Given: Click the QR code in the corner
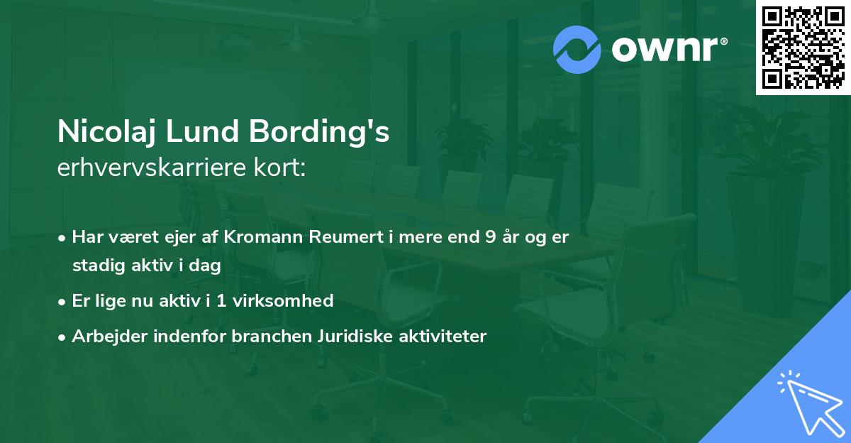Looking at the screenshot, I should click(x=803, y=48).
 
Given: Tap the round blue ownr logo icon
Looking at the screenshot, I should click(x=577, y=50).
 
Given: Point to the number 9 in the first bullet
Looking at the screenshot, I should click(x=491, y=238).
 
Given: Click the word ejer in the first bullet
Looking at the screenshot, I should click(x=193, y=238).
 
